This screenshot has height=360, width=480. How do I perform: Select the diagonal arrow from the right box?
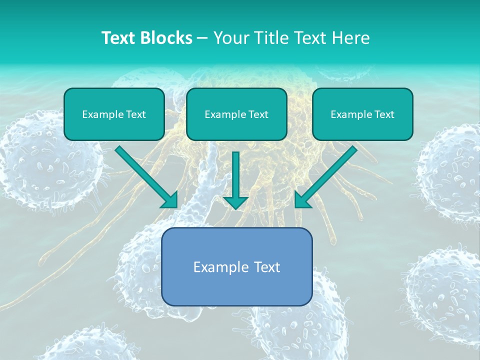[x=327, y=175]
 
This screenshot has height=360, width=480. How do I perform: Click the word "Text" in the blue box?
[x=267, y=267]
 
